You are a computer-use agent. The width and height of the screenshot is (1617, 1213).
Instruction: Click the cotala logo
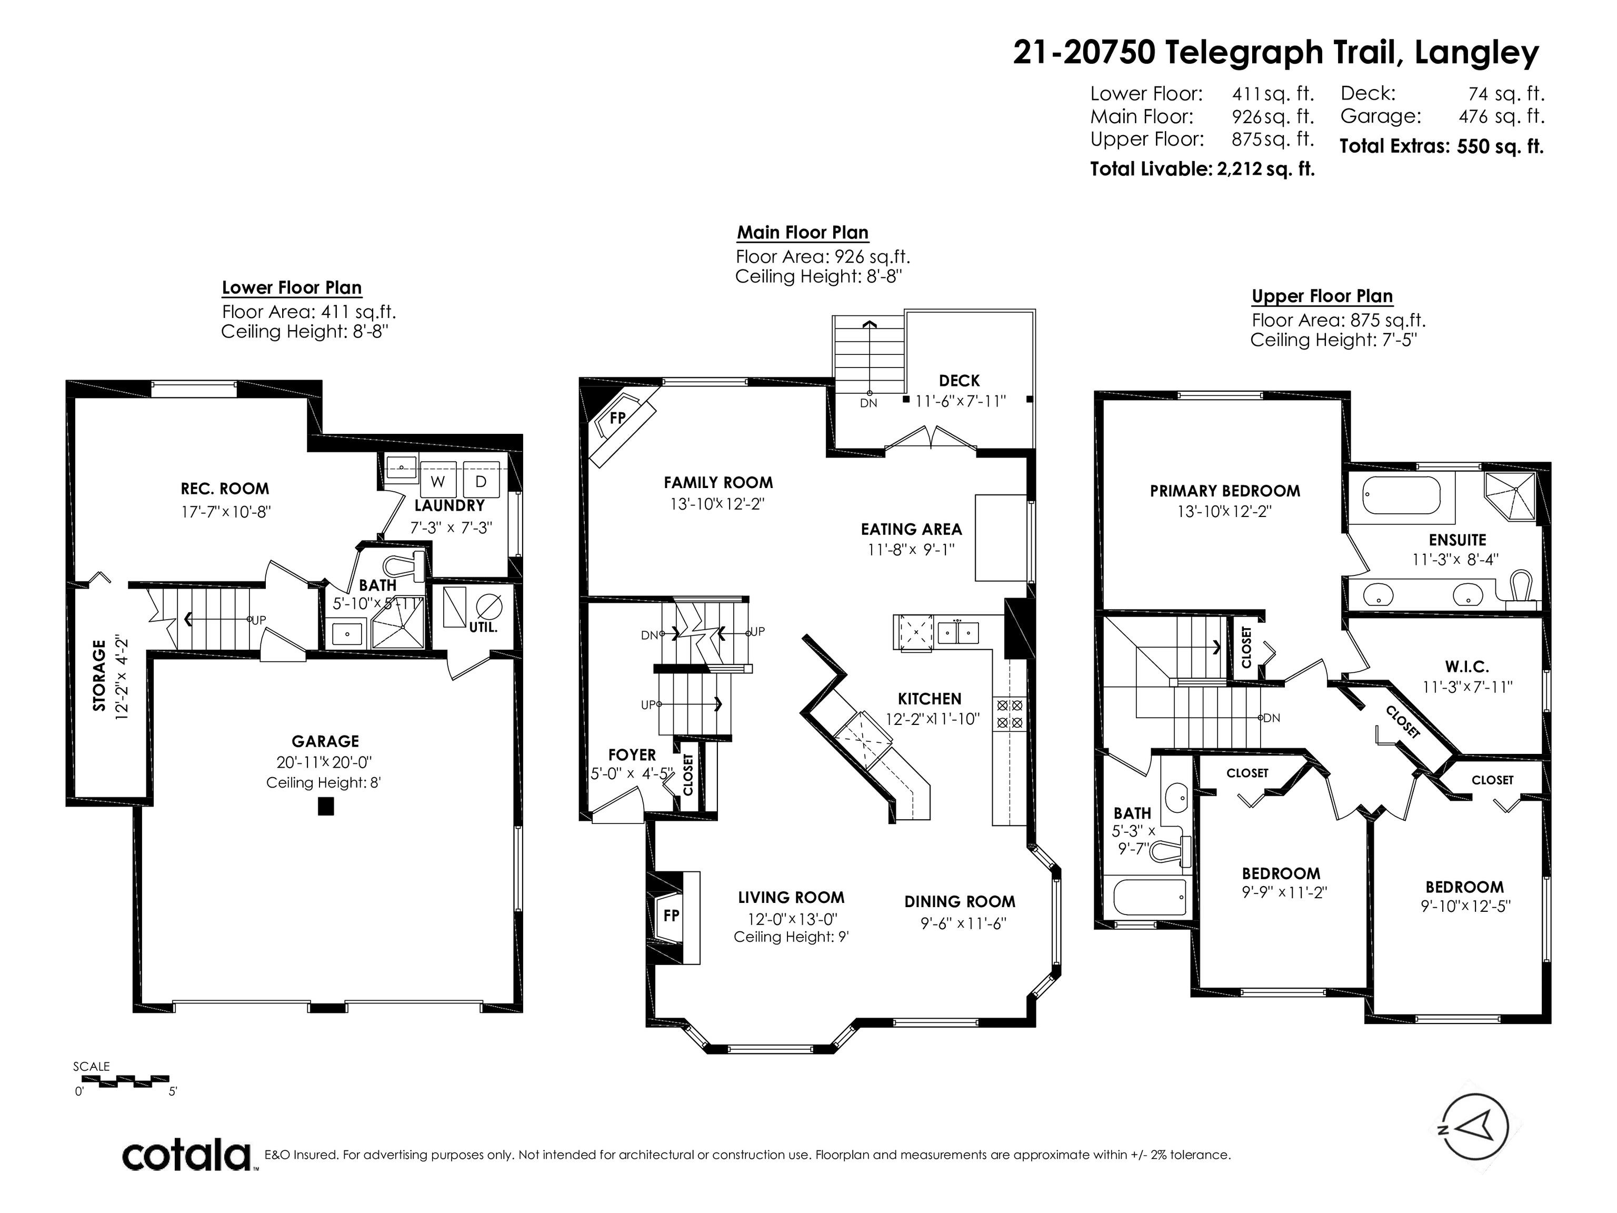point(186,1156)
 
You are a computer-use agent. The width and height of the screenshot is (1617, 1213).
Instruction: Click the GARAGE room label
point(325,741)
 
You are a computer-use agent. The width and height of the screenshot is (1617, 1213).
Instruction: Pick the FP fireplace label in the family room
point(618,417)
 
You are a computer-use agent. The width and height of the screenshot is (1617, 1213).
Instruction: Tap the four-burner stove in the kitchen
point(1010,714)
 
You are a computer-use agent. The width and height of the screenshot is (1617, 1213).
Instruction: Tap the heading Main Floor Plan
point(803,233)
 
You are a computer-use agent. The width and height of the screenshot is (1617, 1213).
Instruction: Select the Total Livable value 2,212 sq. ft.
point(1265,169)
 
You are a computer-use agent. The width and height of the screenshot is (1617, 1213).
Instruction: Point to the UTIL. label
point(483,628)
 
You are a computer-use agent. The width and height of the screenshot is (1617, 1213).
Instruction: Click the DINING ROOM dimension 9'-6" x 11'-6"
point(963,923)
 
